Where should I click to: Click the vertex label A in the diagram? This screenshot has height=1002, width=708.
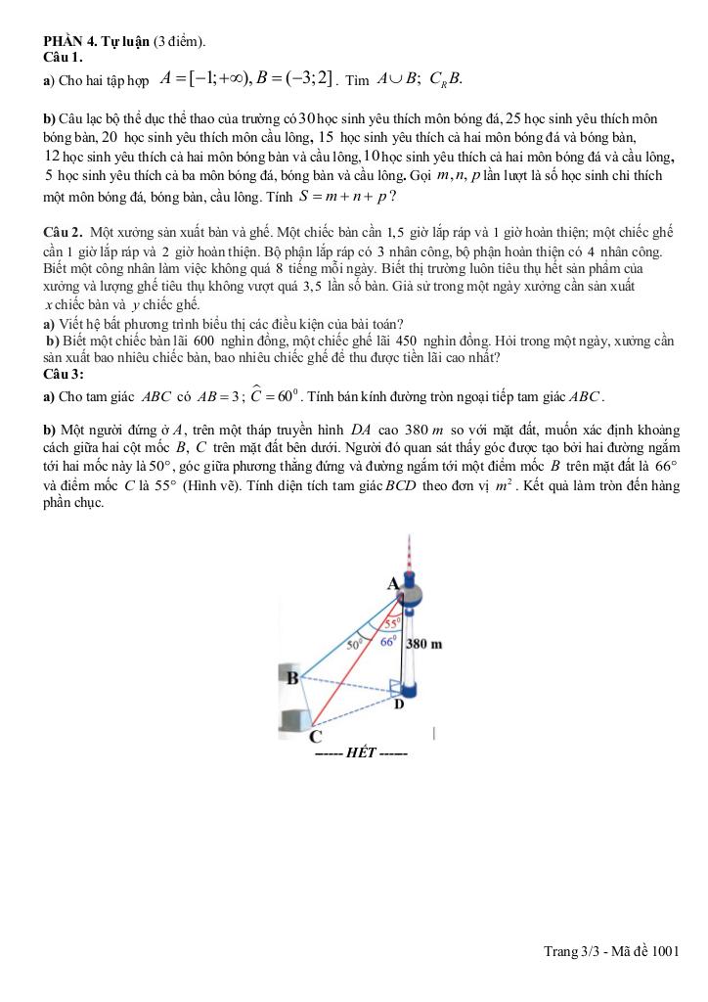click(x=394, y=583)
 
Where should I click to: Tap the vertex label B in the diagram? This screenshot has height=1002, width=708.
click(x=291, y=676)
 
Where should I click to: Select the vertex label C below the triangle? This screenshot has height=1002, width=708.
click(x=315, y=737)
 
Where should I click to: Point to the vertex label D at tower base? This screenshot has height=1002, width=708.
click(x=399, y=704)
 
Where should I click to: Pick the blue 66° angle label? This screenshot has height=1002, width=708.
click(x=387, y=642)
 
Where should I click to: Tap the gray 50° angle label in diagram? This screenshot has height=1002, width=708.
click(x=355, y=645)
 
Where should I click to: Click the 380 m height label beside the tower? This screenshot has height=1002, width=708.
click(x=424, y=645)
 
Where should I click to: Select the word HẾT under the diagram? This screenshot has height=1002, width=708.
click(x=362, y=754)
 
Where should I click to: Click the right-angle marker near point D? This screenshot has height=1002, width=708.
click(x=394, y=686)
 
